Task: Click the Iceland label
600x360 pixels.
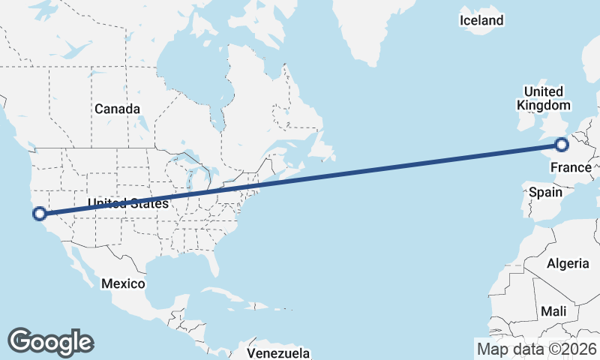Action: [481, 20]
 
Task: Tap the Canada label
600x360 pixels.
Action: [117, 109]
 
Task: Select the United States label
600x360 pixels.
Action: [127, 203]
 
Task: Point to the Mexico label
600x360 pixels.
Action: [122, 283]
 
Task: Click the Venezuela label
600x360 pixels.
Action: [278, 352]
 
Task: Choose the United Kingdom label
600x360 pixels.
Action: [543, 98]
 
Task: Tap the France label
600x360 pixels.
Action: [570, 167]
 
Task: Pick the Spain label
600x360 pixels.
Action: [545, 192]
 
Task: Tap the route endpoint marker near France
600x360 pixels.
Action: [562, 145]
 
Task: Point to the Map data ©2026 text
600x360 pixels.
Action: [536, 349]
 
